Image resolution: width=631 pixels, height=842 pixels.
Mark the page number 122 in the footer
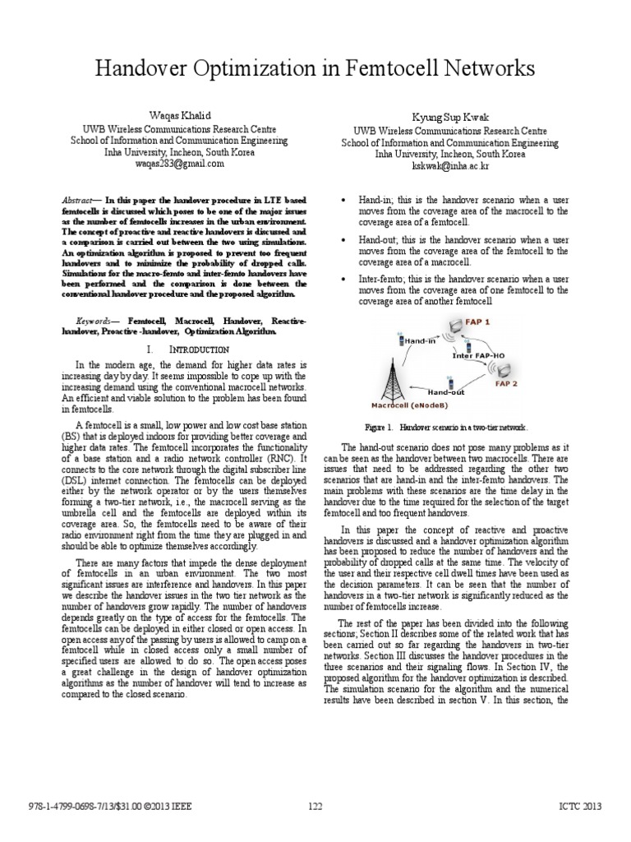(315, 807)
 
